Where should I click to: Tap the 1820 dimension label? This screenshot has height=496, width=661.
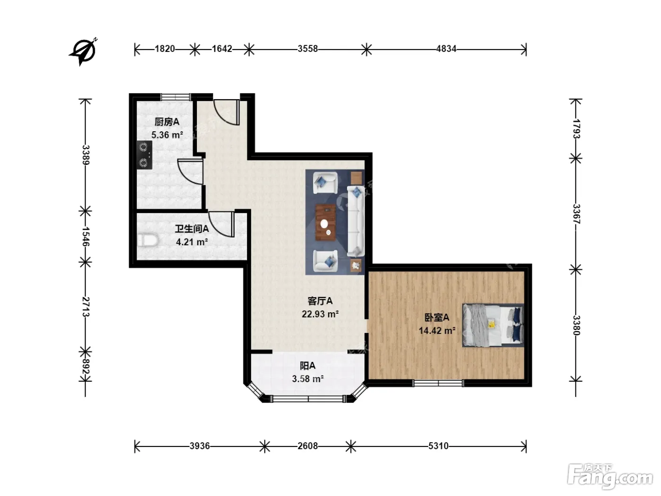pos(165,49)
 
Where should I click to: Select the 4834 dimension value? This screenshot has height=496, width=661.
pos(446,49)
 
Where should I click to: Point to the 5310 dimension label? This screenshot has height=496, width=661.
pos(438,446)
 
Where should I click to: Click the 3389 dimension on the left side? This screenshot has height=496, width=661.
pos(86,155)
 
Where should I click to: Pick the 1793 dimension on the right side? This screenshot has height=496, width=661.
pos(576,128)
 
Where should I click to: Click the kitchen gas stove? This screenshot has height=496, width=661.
pos(144,155)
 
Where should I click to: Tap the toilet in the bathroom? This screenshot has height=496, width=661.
pos(148,240)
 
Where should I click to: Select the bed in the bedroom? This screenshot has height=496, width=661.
pos(493,325)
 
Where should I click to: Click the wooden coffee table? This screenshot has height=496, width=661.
pos(325,222)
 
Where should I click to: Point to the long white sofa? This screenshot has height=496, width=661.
pos(356,222)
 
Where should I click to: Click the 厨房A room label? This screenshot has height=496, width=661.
pos(167,122)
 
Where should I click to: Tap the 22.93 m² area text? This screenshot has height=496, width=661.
pos(320,314)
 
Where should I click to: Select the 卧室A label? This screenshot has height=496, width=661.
pos(437,317)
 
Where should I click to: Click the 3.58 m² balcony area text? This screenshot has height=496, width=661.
pos(308,378)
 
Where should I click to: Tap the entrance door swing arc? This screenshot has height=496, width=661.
pos(226,112)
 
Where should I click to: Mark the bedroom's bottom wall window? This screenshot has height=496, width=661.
pos(438,383)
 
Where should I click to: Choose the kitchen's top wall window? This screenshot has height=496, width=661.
pos(176,97)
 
